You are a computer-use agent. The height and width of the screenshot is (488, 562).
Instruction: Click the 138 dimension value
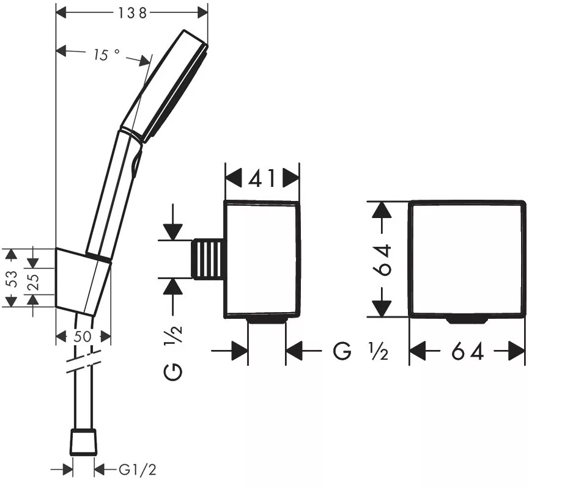tap(133, 13)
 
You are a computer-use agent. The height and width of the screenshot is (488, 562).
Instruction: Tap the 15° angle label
tap(106, 54)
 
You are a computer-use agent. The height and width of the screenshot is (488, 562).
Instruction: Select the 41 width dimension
tap(262, 178)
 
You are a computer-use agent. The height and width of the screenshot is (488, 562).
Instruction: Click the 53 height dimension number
tap(12, 278)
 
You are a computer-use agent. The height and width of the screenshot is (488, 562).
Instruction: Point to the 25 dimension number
tap(33, 282)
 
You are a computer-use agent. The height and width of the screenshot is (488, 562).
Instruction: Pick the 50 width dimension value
tap(83, 337)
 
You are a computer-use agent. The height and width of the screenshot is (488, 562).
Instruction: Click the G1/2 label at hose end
tap(138, 470)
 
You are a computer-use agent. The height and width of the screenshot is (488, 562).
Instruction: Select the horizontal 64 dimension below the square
tap(468, 351)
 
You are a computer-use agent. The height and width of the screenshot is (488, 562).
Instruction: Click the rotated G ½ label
tap(173, 353)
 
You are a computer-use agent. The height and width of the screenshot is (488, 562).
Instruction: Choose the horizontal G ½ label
tap(360, 351)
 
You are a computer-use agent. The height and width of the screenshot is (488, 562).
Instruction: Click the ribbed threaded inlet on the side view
tap(207, 259)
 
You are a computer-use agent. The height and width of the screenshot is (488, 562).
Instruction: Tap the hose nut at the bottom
tap(84, 442)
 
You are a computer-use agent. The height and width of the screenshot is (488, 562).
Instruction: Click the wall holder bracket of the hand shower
tap(83, 282)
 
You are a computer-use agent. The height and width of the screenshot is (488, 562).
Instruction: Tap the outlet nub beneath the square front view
tap(467, 320)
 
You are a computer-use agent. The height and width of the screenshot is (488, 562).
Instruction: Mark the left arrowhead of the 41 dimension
tap(234, 178)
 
